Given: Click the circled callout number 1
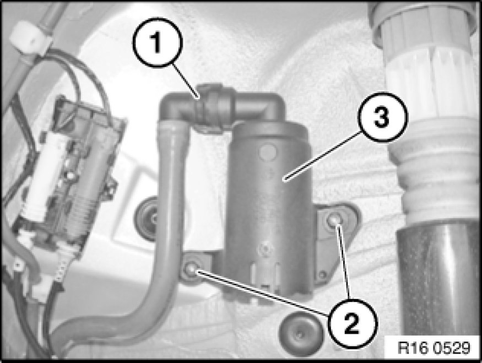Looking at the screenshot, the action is tap(158, 43).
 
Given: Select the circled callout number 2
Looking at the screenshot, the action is tap(352, 323).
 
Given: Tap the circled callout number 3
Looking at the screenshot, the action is tap(382, 117).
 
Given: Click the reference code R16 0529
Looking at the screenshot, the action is tap(434, 348).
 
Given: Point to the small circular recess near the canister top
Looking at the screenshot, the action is tap(267, 151).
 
